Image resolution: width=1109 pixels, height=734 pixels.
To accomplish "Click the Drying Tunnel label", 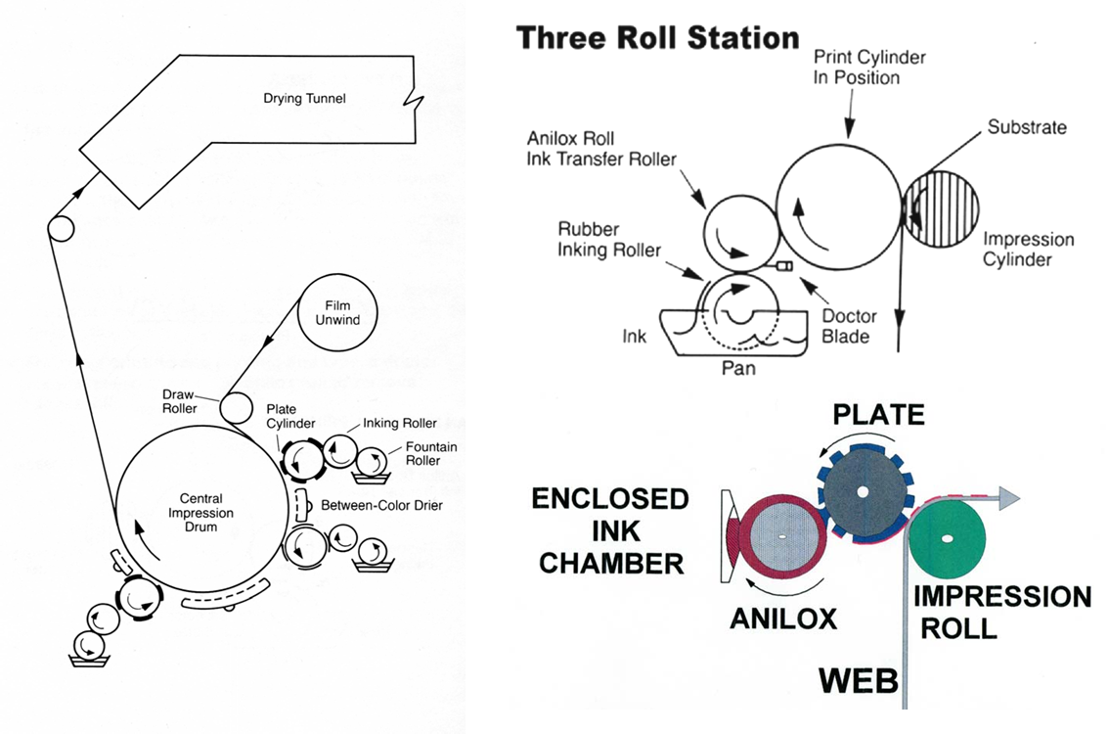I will pyautogui.click(x=304, y=99).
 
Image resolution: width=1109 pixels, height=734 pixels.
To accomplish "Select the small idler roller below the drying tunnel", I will pyautogui.click(x=61, y=229).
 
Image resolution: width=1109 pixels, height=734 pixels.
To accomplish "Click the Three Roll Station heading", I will pyautogui.click(x=657, y=38).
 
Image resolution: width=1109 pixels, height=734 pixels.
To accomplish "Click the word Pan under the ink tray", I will pyautogui.click(x=740, y=370).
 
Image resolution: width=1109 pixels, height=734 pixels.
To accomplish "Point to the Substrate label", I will pyautogui.click(x=1027, y=127).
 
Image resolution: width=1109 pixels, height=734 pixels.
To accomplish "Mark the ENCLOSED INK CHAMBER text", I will pyautogui.click(x=609, y=530).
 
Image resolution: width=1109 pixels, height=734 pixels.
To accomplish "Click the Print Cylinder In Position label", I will pyautogui.click(x=869, y=67).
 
